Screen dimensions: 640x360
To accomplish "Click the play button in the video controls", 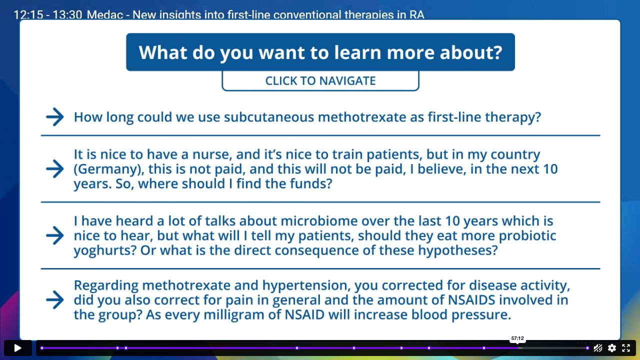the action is click(17, 348).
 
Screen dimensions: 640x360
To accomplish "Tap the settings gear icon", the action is click(611, 348).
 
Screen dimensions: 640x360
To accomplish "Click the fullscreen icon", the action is click(625, 348).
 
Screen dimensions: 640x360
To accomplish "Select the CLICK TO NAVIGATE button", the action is click(320, 81).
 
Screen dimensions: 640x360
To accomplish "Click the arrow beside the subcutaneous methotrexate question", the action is click(55, 117).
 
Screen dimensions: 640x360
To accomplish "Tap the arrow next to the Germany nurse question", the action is click(55, 169).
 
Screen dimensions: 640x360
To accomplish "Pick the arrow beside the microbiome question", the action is click(55, 235).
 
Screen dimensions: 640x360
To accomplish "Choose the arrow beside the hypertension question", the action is click(55, 299).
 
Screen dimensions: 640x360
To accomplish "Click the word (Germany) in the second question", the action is click(109, 169).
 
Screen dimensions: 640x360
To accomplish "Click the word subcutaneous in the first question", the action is click(269, 117).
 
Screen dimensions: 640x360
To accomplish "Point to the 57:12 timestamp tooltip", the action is click(517, 338).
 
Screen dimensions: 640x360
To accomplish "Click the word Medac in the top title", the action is click(105, 14).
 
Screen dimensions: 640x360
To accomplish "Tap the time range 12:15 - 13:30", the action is click(48, 14).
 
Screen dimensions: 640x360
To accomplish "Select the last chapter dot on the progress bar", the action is click(587, 348).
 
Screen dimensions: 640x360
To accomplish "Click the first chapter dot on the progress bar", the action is click(42, 348).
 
